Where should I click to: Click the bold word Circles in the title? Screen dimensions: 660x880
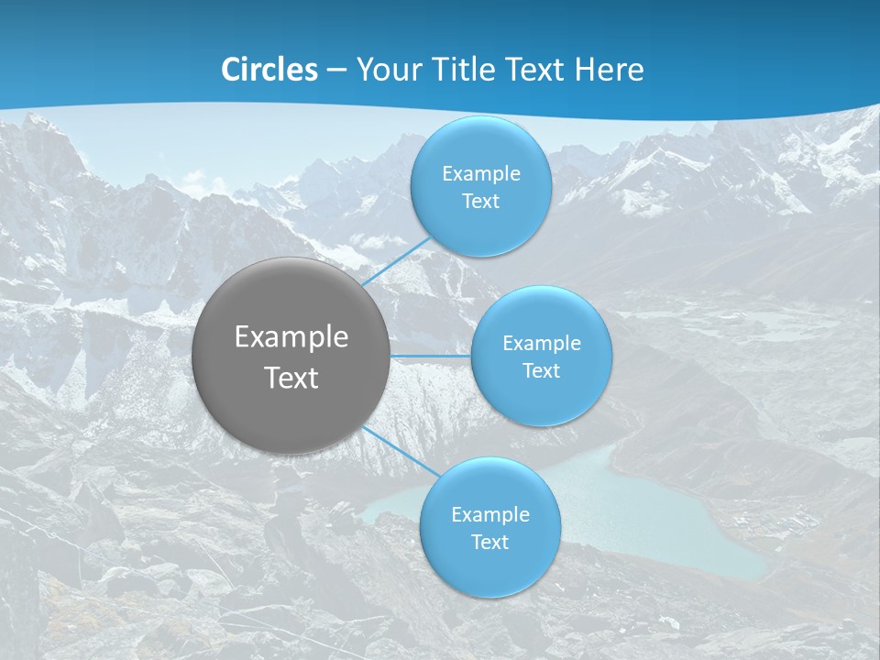click(x=269, y=70)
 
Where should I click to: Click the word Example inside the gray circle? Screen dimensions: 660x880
click(x=291, y=337)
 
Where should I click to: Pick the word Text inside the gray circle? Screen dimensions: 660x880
click(x=291, y=378)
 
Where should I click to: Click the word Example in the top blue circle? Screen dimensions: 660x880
click(x=480, y=173)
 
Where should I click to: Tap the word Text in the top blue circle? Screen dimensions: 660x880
click(x=480, y=202)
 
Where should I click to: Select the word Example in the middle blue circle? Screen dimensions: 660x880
click(x=542, y=343)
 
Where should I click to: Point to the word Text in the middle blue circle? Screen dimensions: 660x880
click(x=542, y=371)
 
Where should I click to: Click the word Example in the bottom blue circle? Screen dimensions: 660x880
click(x=489, y=514)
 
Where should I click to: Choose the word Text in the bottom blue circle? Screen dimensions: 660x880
click(x=489, y=543)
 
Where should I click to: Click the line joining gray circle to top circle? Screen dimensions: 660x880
click(x=396, y=261)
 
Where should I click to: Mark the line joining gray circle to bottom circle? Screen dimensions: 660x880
click(x=401, y=450)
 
